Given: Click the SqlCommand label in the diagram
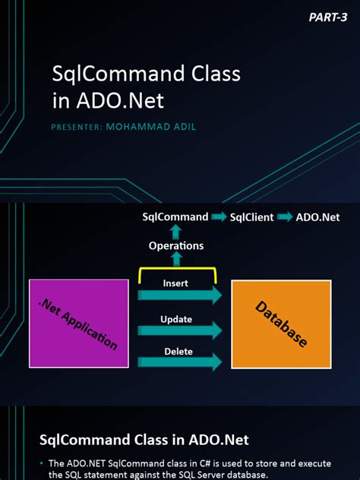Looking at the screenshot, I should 175,217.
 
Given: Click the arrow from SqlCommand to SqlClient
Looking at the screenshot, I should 219,218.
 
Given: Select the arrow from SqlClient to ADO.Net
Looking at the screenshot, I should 285,218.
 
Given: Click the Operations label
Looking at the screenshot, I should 176,245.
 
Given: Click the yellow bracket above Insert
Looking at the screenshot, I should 176,270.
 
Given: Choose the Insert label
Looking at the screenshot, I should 176,283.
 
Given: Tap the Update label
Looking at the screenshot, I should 176,319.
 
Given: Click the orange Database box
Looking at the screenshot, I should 281,324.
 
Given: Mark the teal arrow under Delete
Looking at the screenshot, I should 179,362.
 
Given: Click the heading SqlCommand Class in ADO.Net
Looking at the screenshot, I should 144,439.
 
